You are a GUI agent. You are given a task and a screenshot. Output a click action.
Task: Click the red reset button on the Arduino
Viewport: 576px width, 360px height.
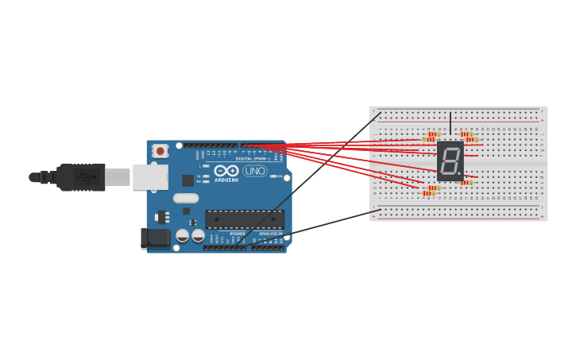coord(160,151)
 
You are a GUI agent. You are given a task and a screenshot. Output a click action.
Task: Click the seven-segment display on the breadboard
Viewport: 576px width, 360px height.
coord(450,161)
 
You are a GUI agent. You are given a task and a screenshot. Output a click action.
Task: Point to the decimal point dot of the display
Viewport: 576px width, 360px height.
coord(459,174)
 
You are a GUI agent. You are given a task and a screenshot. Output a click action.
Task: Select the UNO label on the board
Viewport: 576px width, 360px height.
coord(255,171)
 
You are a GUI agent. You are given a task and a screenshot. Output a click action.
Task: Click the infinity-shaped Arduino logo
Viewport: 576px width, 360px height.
coord(226,171)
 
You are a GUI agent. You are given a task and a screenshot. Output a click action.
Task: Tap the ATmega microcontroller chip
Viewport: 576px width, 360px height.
coord(245,219)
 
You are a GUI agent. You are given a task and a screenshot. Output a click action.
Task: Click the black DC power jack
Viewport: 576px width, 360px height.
coord(154,238)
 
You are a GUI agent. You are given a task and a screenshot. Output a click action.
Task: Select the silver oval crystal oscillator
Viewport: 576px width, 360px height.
coord(186,198)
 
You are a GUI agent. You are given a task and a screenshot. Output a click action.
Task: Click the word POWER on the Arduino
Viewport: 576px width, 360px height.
coord(238,234)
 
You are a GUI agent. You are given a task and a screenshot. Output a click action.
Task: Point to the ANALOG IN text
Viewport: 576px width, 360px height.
coord(270,234)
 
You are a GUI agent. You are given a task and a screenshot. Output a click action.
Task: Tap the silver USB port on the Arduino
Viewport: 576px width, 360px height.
coord(149,177)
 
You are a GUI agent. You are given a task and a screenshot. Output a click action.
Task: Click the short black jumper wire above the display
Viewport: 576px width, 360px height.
coord(450,123)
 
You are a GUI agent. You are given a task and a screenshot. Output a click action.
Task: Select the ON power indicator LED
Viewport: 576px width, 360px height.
coord(273,176)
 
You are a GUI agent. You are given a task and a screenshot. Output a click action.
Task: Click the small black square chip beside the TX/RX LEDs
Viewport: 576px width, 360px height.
coord(187,180)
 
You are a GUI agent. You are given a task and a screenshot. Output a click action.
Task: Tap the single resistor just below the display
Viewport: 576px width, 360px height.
coord(466,183)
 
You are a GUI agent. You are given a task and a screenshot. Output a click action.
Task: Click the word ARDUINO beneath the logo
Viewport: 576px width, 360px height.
coord(226,180)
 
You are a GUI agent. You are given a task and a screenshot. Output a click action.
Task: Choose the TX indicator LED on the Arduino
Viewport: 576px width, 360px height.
coord(206,176)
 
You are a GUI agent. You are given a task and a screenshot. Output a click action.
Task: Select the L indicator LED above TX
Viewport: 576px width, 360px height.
coord(206,166)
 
